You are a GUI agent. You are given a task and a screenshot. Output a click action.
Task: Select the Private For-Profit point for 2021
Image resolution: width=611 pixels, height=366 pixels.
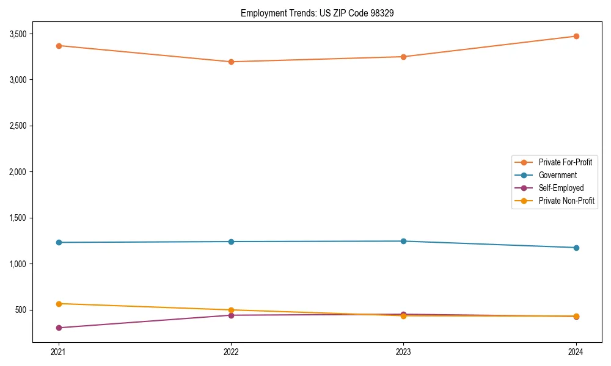(59, 46)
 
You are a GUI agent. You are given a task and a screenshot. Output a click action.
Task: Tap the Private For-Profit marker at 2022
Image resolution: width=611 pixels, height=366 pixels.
(231, 62)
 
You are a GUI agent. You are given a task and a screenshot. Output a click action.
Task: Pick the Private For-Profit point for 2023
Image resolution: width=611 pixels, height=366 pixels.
(403, 57)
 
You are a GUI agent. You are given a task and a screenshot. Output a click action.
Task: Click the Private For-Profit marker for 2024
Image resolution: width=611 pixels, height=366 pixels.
(576, 36)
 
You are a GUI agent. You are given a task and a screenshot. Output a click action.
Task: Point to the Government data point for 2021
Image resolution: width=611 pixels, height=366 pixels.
(59, 242)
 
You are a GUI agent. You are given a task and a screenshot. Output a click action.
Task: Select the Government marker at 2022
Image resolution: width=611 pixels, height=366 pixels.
(231, 242)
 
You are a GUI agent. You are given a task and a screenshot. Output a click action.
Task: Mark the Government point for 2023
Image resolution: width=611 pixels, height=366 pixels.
(403, 241)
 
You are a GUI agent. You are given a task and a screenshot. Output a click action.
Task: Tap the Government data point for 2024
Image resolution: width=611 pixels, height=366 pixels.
(576, 248)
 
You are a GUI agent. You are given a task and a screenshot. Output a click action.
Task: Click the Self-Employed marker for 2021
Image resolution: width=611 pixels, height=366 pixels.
(59, 328)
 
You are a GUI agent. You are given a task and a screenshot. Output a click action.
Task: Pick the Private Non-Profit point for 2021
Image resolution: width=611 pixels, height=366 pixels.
(59, 304)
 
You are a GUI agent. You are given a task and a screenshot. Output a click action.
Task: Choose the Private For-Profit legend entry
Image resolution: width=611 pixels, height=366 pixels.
(565, 162)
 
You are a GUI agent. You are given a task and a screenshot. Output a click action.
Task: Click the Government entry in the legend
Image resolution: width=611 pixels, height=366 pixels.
(557, 175)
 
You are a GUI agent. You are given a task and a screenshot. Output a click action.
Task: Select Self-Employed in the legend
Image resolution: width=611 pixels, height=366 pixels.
(561, 188)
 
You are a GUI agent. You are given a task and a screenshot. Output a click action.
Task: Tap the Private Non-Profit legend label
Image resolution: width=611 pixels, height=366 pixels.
(566, 201)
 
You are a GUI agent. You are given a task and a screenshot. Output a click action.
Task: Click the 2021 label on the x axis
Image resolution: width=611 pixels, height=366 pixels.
(59, 351)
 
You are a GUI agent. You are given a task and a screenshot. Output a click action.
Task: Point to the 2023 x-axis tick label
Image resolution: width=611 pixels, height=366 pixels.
(403, 351)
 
